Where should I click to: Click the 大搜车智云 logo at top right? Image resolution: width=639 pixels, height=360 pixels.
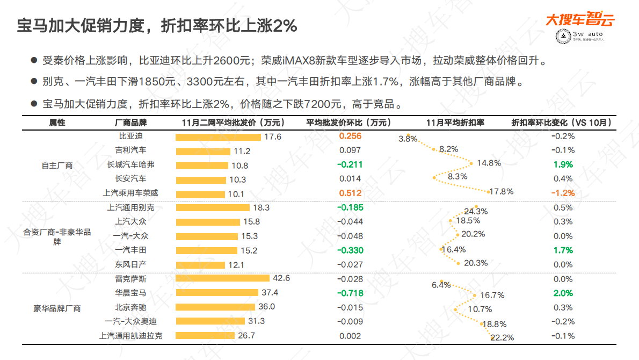coord(580,20)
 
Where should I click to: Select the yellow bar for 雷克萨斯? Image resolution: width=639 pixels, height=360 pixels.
coord(222,278)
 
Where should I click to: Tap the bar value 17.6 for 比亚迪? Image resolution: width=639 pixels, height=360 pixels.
coord(273,136)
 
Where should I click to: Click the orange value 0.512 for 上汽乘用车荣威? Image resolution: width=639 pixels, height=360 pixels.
coord(350,193)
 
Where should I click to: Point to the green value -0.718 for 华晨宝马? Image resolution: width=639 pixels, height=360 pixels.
coord(350,293)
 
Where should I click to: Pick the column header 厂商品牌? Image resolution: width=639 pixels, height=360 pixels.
coord(130,123)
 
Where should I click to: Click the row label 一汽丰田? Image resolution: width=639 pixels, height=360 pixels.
coord(130,250)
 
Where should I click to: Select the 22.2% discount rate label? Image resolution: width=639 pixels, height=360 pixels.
coord(503,337)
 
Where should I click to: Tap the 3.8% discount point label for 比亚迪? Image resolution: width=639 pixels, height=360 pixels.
coord(408,139)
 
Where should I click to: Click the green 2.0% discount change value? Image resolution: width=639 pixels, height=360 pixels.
coord(563,293)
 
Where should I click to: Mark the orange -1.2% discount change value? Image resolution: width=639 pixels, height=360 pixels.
coord(563,193)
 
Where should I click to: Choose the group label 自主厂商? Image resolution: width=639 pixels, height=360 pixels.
coord(57,165)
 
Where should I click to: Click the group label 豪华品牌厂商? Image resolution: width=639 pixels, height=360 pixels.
coord(57,308)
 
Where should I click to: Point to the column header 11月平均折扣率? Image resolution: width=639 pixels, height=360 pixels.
coord(455,123)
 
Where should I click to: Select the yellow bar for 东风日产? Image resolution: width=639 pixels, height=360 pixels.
coord(200,264)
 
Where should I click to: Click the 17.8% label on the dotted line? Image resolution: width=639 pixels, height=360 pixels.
coord(502,191)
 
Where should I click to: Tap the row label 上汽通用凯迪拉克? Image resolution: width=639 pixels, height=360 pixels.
coord(130,336)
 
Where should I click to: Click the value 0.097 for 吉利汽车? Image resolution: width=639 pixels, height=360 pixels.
coord(350,150)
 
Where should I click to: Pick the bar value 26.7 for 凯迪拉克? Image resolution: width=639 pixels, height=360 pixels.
coord(246,336)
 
